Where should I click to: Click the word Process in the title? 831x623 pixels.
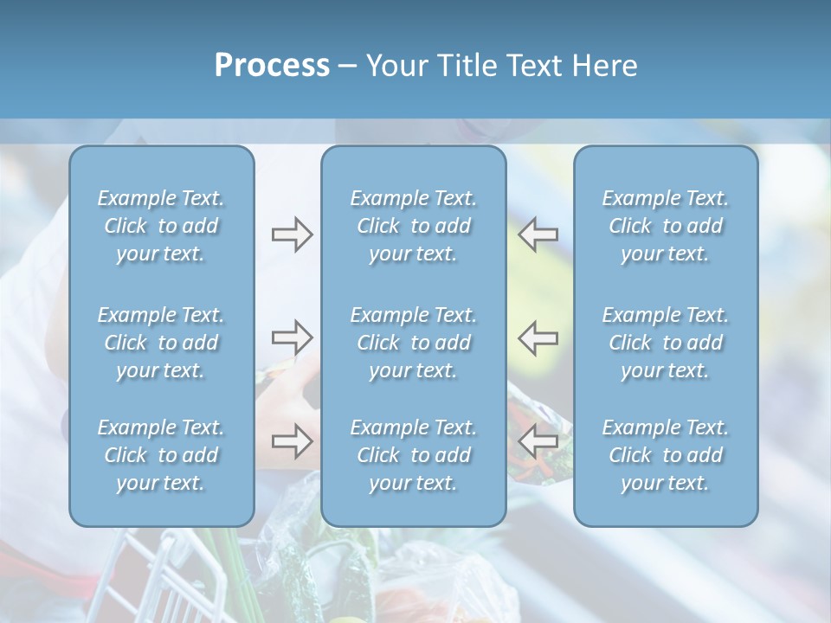point(272,65)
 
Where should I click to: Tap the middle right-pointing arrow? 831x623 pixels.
point(292,337)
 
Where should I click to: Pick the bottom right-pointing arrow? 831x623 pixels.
point(292,441)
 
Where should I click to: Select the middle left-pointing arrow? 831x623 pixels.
point(538,337)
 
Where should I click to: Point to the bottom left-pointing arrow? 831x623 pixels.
point(538,441)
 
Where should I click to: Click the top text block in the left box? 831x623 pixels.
point(161,226)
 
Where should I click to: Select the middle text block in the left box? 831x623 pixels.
point(161,343)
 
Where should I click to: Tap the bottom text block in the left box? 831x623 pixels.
point(161,455)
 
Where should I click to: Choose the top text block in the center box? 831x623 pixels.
point(414,226)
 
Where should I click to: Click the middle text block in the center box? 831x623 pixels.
point(414,343)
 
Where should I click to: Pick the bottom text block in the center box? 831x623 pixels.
point(414,455)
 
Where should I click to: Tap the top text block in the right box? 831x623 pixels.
point(666,226)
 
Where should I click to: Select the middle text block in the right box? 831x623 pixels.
point(666,343)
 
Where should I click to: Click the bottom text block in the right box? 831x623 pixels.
point(666,455)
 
